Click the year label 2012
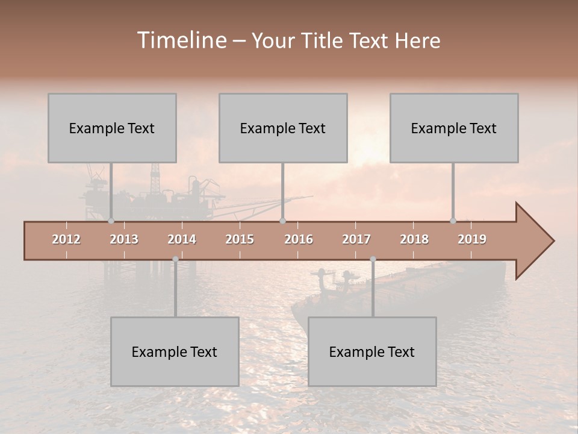coord(66,239)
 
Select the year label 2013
coord(124,239)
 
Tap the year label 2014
coord(182,239)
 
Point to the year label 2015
coord(240,239)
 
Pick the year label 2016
coord(299,239)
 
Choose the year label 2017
coord(356,239)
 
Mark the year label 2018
coord(414,239)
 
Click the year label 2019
coord(472,239)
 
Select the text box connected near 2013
coord(112,128)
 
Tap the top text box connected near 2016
coord(283,128)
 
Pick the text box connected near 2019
coord(454,128)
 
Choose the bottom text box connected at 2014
coord(175,351)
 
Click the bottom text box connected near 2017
coord(372,351)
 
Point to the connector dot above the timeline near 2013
coord(111,221)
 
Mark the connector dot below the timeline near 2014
coord(175,259)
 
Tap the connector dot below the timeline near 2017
coord(373,259)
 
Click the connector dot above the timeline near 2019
coord(453,221)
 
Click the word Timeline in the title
coord(181,40)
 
